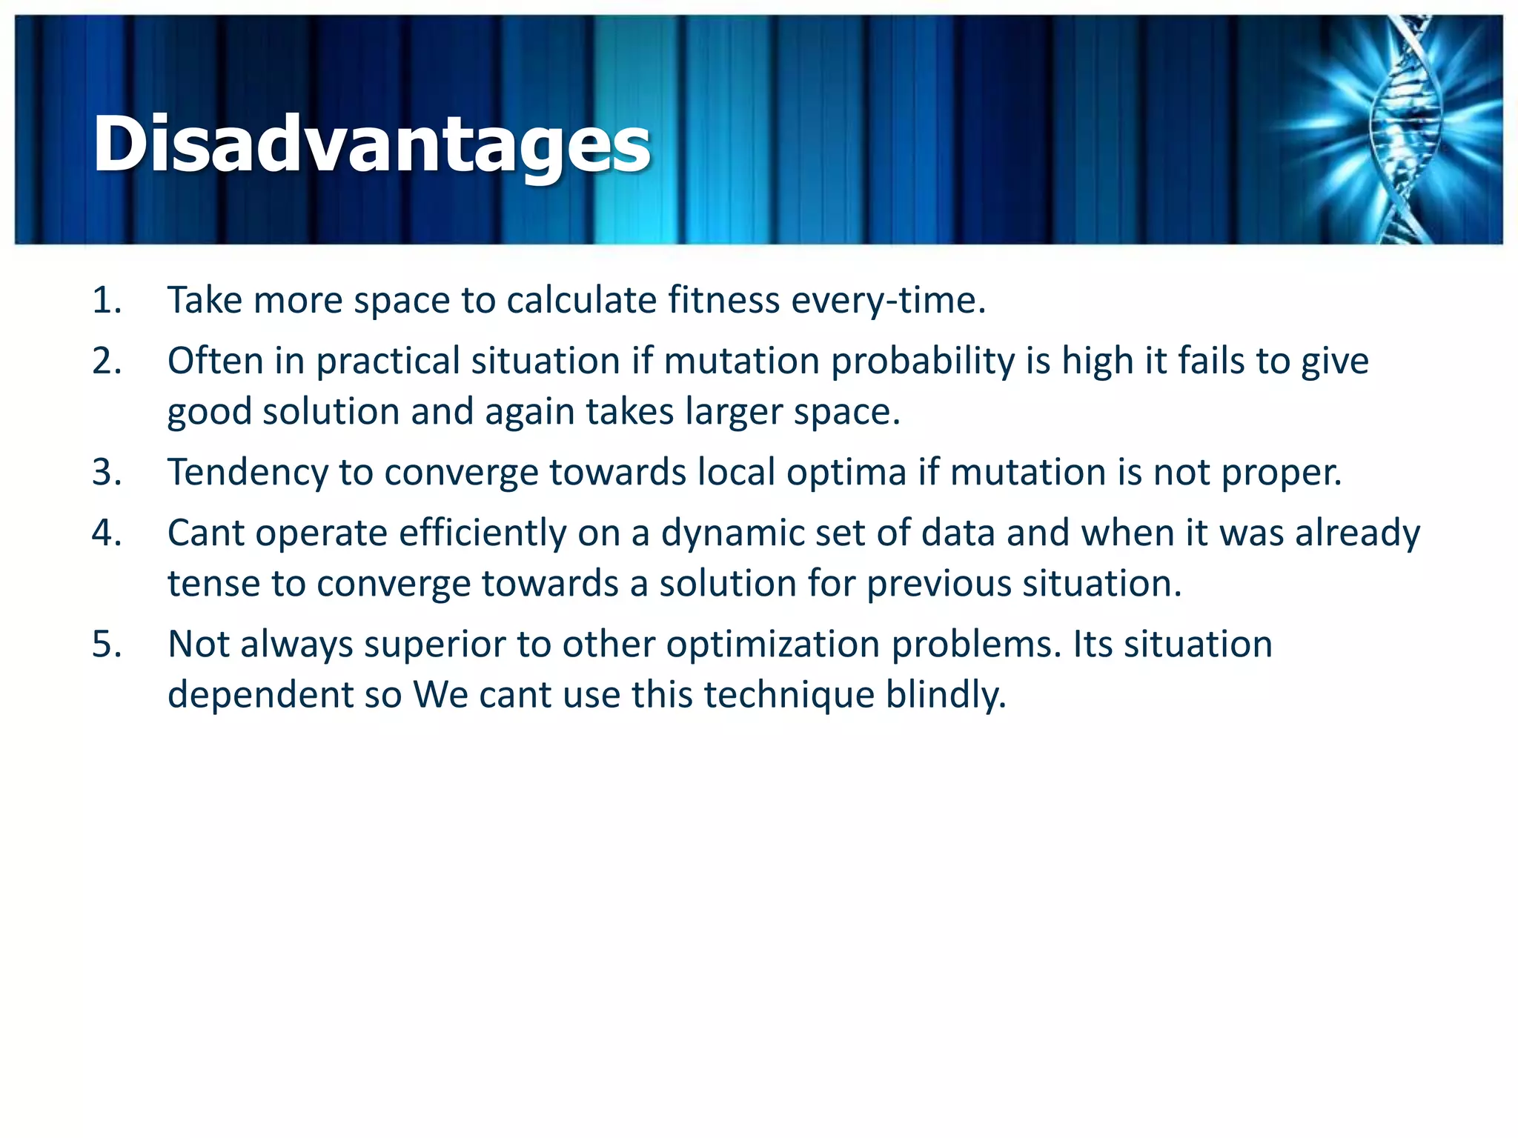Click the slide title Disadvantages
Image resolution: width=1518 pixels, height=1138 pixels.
tap(371, 144)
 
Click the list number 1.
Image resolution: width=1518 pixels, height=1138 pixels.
tap(107, 301)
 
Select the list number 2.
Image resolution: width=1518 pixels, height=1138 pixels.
tap(107, 362)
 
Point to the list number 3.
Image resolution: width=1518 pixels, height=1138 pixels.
tap(107, 473)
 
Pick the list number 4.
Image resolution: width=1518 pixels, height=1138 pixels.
tap(107, 533)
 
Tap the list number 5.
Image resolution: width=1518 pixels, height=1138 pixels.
tap(107, 645)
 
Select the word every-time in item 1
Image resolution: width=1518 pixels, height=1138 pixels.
tap(888, 301)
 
